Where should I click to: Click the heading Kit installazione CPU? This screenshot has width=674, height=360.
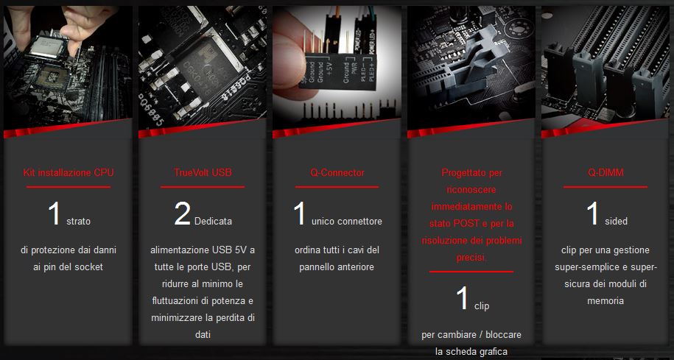tap(69, 173)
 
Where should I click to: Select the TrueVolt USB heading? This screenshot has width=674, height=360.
tap(203, 172)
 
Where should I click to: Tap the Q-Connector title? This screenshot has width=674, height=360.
tap(337, 173)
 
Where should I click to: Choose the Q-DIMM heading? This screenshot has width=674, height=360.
tap(605, 173)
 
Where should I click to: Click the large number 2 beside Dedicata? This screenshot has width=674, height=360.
tap(182, 213)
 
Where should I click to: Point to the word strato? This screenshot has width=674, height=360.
tap(78, 222)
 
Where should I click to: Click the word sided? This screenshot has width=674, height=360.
tap(616, 222)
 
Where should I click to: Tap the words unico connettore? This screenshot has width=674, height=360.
tap(346, 222)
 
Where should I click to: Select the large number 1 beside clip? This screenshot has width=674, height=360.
tap(463, 298)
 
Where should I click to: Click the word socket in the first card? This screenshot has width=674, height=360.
tap(89, 267)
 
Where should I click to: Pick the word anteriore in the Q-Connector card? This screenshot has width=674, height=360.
tap(355, 267)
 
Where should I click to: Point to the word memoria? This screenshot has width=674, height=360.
tap(605, 300)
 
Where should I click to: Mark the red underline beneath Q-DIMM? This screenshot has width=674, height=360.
tap(605, 187)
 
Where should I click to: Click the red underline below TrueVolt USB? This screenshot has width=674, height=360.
tap(203, 187)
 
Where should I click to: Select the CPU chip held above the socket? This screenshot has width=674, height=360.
tap(48, 46)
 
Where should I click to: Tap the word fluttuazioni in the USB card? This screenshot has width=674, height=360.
tap(175, 300)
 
